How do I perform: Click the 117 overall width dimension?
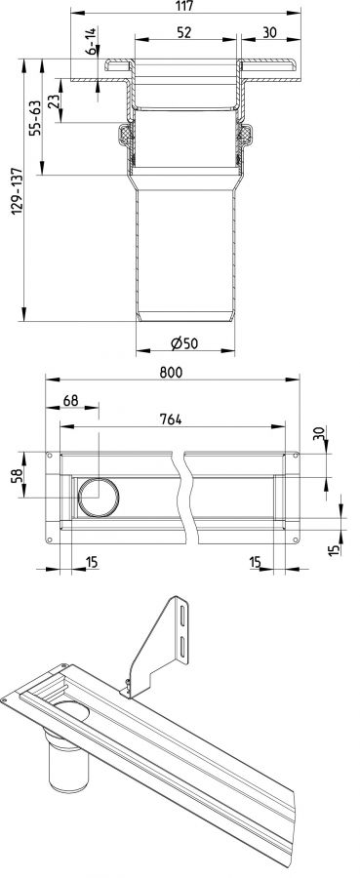coord(184,6)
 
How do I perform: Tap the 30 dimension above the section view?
coord(269,33)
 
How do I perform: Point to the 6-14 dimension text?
coord(92,41)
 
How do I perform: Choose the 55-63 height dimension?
coord(35,118)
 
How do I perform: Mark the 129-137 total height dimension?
coord(17,190)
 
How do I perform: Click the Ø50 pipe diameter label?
coord(184,343)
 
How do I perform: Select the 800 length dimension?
coord(171,373)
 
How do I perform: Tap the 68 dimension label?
coord(70,400)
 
